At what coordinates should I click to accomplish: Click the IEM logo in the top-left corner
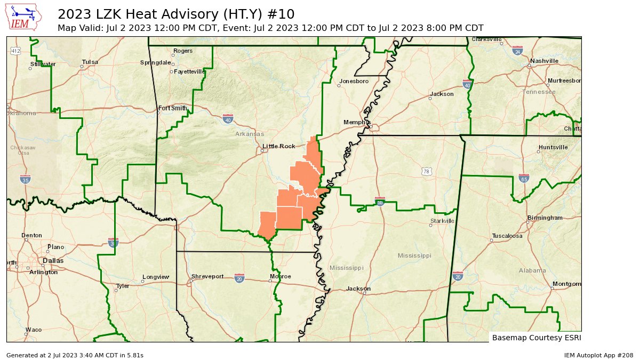pyautogui.click(x=25, y=17)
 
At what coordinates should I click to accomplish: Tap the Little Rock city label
pyautogui.click(x=278, y=146)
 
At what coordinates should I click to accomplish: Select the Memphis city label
pyautogui.click(x=357, y=122)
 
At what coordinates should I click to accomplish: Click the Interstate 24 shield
pyautogui.click(x=517, y=51)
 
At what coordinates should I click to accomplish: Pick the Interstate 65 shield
pyautogui.click(x=524, y=178)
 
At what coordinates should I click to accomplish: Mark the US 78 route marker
pyautogui.click(x=426, y=171)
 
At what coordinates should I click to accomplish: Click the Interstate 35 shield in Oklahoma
pyautogui.click(x=25, y=179)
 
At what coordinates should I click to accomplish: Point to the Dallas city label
pyautogui.click(x=53, y=261)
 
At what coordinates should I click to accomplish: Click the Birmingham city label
pyautogui.click(x=545, y=218)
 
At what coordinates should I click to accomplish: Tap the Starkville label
pyautogui.click(x=442, y=221)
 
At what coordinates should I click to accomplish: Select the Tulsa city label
pyautogui.click(x=90, y=62)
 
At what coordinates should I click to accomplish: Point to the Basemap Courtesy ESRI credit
pyautogui.click(x=536, y=338)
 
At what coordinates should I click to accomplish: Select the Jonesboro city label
pyautogui.click(x=353, y=81)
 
